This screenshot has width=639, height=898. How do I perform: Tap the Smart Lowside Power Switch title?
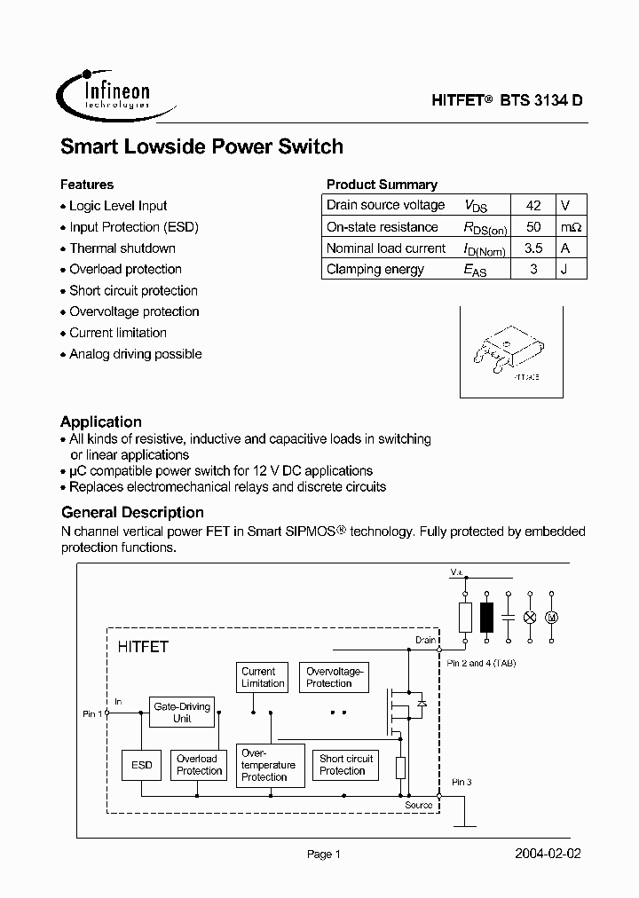[x=201, y=147]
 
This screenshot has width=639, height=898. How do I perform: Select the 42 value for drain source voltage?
[x=533, y=205]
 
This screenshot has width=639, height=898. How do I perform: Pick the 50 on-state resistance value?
[x=533, y=227]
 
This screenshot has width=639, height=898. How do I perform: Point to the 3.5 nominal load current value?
[x=533, y=248]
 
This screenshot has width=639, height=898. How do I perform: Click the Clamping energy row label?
[x=375, y=270]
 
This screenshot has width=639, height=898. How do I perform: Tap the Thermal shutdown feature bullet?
[x=122, y=248]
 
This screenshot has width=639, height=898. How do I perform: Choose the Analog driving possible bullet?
[x=136, y=354]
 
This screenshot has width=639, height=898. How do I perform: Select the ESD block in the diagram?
[x=141, y=765]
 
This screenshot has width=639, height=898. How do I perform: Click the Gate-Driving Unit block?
[x=182, y=713]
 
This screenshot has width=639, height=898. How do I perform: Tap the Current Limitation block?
[x=263, y=678]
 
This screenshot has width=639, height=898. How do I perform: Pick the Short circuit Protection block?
[x=346, y=765]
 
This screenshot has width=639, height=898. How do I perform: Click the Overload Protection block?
[x=198, y=765]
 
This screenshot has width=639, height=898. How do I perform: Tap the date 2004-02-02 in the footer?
[x=548, y=854]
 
